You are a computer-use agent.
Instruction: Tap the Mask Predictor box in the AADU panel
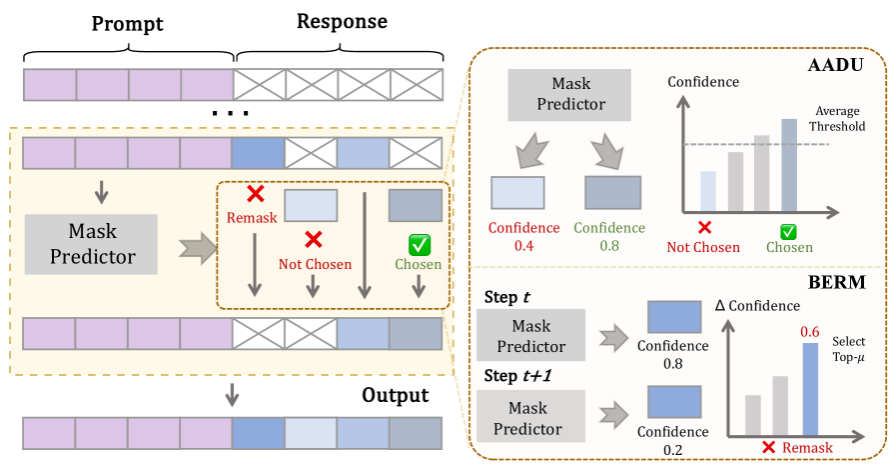coord(571,94)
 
